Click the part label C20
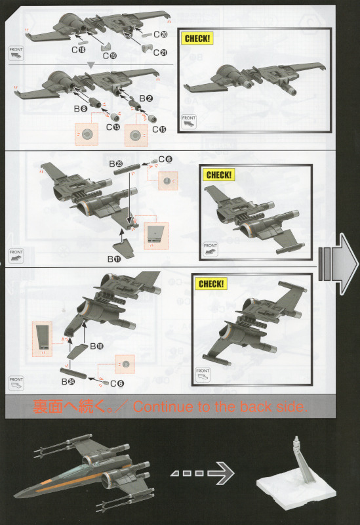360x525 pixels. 161,34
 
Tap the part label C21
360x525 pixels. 160,52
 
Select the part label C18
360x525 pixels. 79,50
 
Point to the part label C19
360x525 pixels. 110,56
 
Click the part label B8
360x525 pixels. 81,108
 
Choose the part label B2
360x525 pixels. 146,98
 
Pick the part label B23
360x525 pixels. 116,163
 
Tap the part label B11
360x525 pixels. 114,259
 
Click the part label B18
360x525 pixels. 96,346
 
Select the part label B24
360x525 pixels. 68,381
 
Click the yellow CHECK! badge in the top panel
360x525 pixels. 197,39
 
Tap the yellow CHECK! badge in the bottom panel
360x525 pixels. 211,284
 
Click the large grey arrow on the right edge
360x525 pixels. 338,264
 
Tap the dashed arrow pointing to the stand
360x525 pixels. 203,472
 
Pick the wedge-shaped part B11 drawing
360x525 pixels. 123,249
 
